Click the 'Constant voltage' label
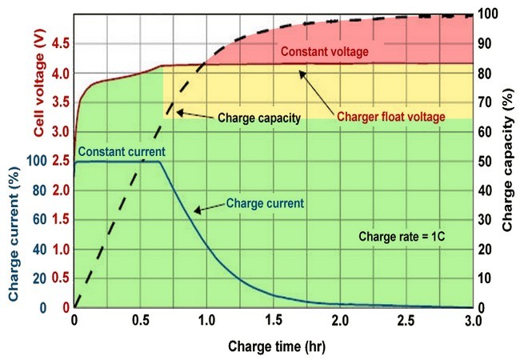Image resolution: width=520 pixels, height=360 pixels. click(324, 52)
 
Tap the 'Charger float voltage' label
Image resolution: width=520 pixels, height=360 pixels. click(390, 117)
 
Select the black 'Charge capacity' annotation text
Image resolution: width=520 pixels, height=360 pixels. click(259, 118)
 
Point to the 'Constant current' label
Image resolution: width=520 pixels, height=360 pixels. click(122, 151)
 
